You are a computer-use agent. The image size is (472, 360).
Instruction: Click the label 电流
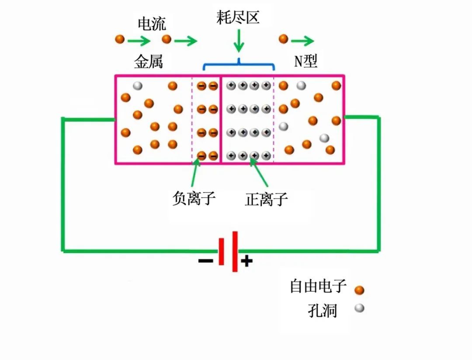(152, 24)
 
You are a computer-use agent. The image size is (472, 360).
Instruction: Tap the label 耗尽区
(238, 17)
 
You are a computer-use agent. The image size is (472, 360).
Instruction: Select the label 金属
(149, 62)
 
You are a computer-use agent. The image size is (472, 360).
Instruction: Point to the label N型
(305, 61)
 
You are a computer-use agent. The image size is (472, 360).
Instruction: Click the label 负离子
(194, 198)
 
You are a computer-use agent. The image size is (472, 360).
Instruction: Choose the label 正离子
(267, 199)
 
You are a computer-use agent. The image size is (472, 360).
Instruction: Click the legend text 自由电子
(318, 286)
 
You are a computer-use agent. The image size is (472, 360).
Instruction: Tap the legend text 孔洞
(322, 310)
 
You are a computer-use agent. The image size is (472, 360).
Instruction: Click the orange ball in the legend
(359, 290)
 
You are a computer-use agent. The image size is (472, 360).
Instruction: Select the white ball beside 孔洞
(359, 308)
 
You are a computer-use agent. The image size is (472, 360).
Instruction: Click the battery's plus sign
(246, 261)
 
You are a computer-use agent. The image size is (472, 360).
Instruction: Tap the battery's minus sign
(205, 261)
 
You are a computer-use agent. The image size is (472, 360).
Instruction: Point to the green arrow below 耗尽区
(239, 41)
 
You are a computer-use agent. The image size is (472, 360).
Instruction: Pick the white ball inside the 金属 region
(138, 86)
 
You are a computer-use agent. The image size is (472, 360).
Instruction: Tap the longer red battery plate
(235, 252)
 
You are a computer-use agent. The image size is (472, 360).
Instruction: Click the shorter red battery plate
(221, 252)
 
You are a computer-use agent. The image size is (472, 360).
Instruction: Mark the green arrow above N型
(302, 41)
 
